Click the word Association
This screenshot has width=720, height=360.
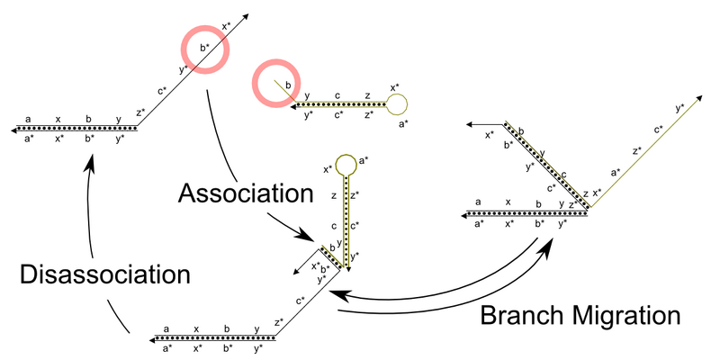coord(245,193)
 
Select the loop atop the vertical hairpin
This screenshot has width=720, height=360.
coord(345,165)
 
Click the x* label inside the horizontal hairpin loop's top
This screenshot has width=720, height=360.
coord(394,87)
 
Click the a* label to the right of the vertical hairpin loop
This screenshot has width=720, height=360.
coord(364,160)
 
